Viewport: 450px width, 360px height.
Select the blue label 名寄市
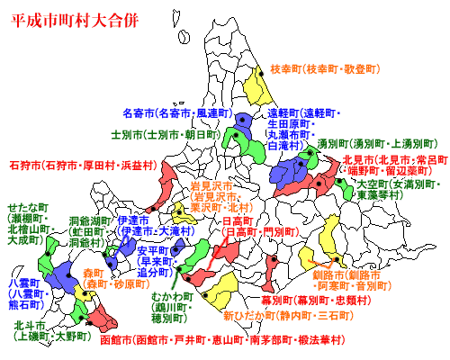point(138,113)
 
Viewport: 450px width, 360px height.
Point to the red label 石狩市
point(24,165)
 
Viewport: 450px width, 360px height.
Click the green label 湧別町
point(333,142)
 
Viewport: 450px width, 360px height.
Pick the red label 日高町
point(238,220)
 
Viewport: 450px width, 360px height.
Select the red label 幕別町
point(277,300)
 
